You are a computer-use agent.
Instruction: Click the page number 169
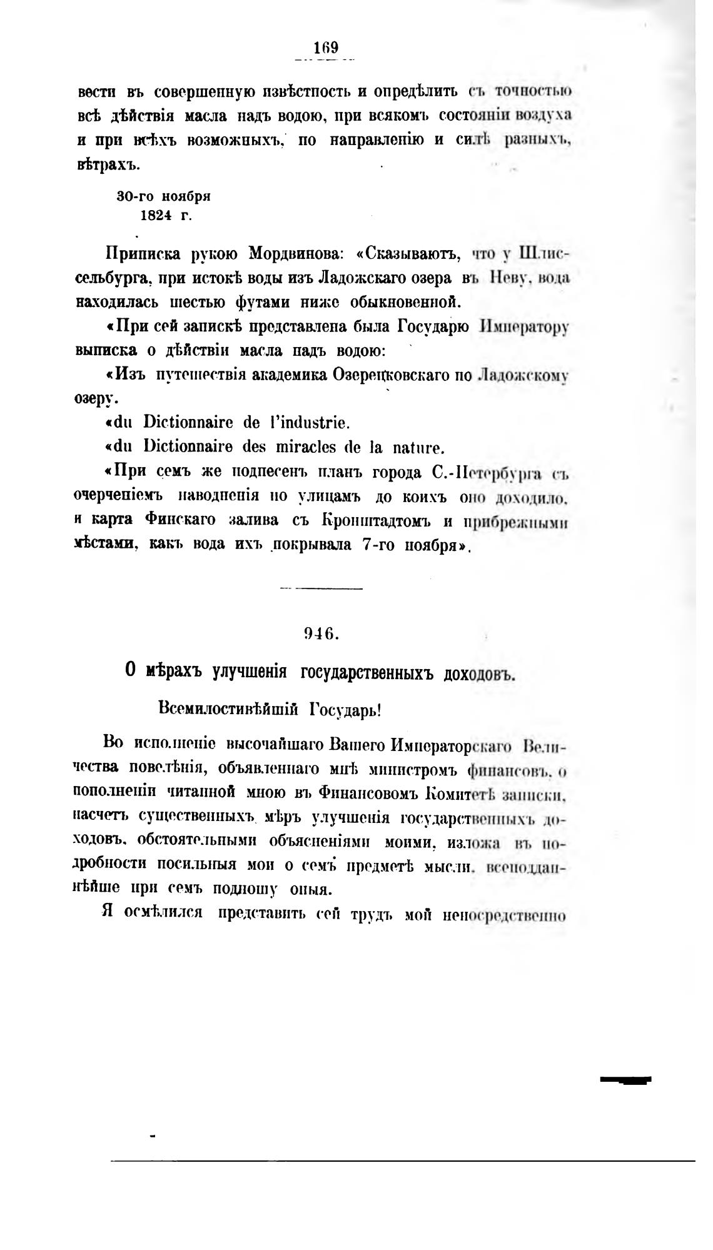pyautogui.click(x=326, y=48)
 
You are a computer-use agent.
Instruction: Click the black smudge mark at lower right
pyautogui.click(x=625, y=1079)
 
